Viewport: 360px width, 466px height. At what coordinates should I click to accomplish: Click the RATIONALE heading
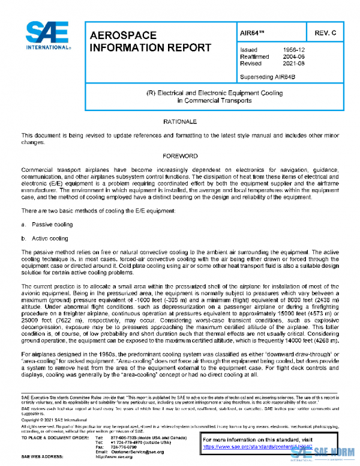click(180, 122)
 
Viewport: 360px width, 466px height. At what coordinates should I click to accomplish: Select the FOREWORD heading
click(180, 156)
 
